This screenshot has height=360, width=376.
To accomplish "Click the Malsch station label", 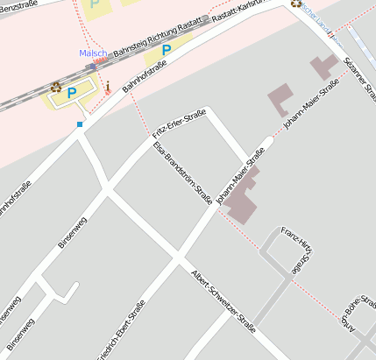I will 93,53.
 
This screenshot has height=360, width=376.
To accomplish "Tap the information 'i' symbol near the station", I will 108,87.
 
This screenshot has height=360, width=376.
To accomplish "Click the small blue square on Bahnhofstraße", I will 80,125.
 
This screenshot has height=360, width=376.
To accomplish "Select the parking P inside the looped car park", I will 72,91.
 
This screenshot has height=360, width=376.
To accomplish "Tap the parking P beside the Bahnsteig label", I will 166,50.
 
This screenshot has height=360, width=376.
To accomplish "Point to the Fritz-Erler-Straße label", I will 179,124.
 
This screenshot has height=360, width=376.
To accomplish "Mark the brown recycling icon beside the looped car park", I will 56,86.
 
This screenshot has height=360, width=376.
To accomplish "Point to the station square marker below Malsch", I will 92,66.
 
